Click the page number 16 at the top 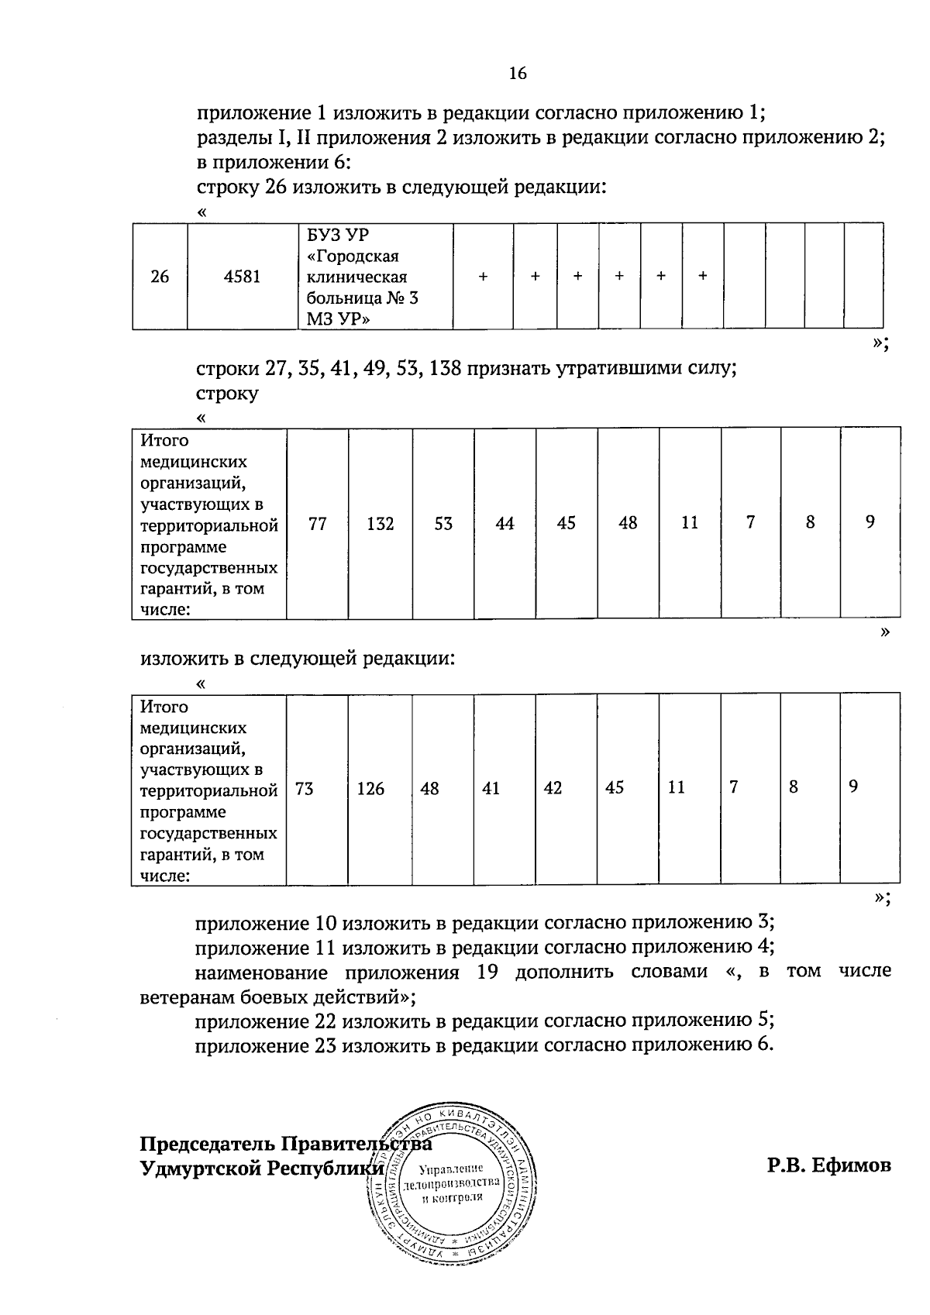[x=518, y=74]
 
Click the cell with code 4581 [x=242, y=277]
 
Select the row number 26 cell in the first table [x=160, y=277]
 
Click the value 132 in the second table [x=380, y=524]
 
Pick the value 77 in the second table [x=318, y=524]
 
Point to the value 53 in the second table [x=443, y=524]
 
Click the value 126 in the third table [x=370, y=789]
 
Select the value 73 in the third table [x=305, y=789]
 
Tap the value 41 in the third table [x=491, y=789]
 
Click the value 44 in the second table [x=505, y=524]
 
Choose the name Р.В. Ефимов [x=829, y=1165]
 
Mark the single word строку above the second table [x=227, y=393]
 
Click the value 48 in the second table [x=628, y=524]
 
